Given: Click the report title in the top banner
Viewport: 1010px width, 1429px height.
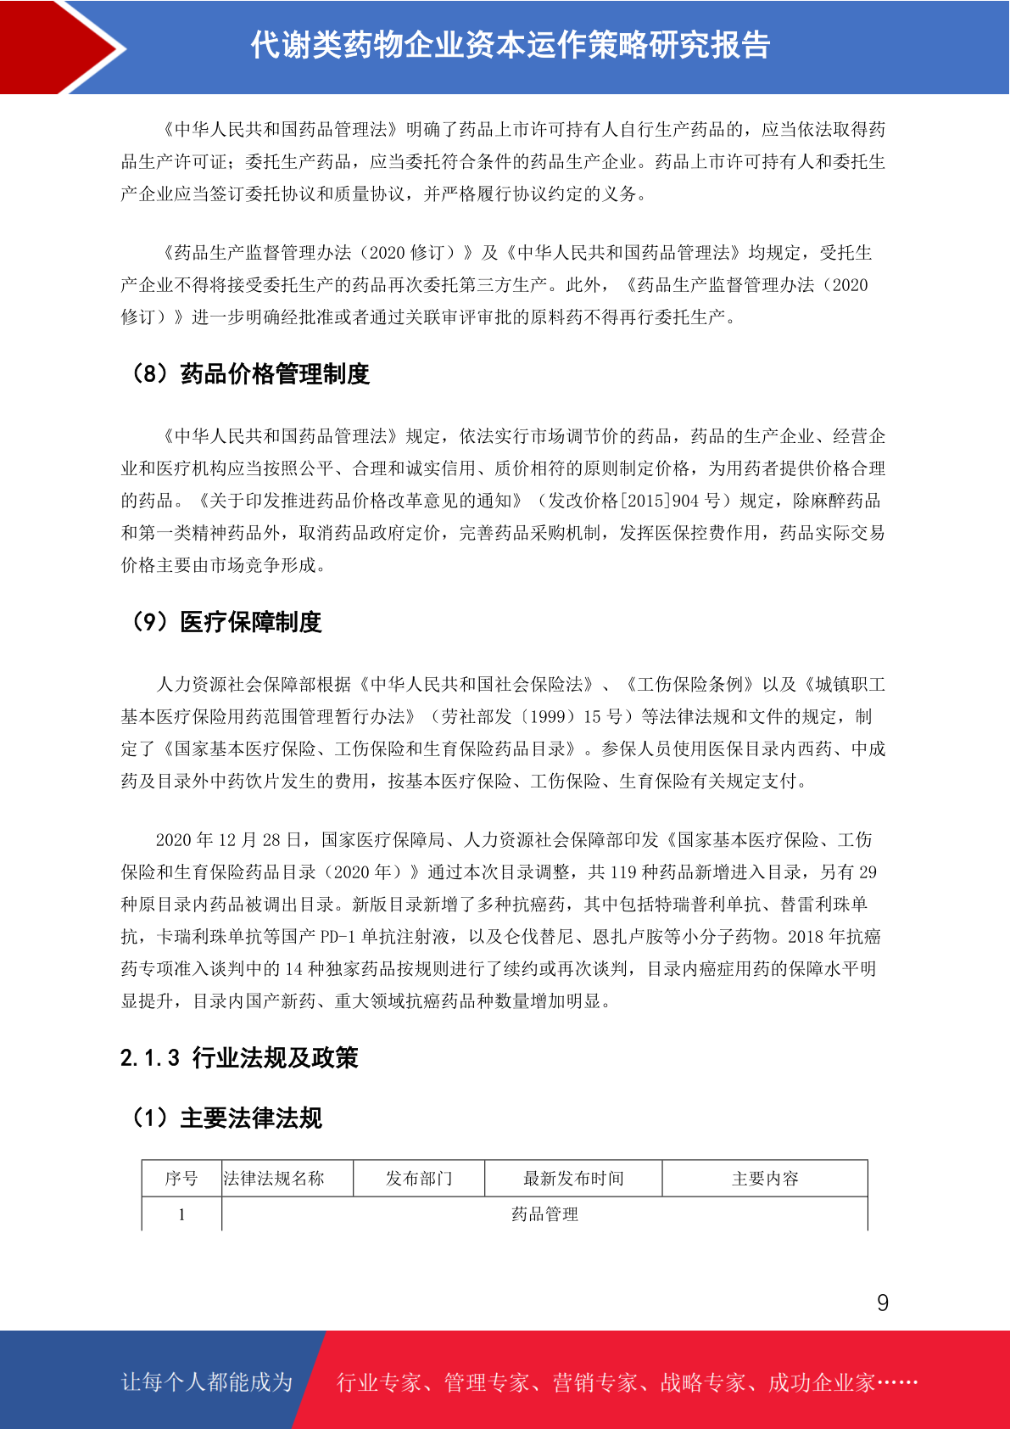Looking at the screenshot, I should click(x=510, y=46).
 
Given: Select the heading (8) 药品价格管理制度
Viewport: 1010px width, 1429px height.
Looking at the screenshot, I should click(x=249, y=374).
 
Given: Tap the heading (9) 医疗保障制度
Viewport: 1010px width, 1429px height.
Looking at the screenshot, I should click(x=226, y=622).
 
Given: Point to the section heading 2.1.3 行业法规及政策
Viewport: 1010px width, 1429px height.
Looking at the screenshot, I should click(x=239, y=1058).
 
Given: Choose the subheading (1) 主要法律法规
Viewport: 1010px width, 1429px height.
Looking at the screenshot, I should click(x=226, y=1118).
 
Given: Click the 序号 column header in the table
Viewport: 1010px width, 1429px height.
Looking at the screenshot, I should click(x=181, y=1179).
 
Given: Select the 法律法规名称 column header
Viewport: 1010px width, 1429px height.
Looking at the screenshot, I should click(x=274, y=1179).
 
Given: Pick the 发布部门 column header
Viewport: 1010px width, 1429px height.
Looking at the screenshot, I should click(x=419, y=1179).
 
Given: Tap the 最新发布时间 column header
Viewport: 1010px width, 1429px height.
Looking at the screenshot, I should click(x=573, y=1179).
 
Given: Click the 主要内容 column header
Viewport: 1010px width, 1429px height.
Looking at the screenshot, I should click(x=765, y=1179).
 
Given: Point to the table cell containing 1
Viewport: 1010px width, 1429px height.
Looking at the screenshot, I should click(x=181, y=1214).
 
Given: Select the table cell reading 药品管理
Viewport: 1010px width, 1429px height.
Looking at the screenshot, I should click(x=544, y=1214).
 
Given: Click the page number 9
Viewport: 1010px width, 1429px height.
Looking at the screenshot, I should click(x=883, y=1303).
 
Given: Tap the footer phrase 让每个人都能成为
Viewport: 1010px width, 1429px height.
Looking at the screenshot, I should click(x=207, y=1382).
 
